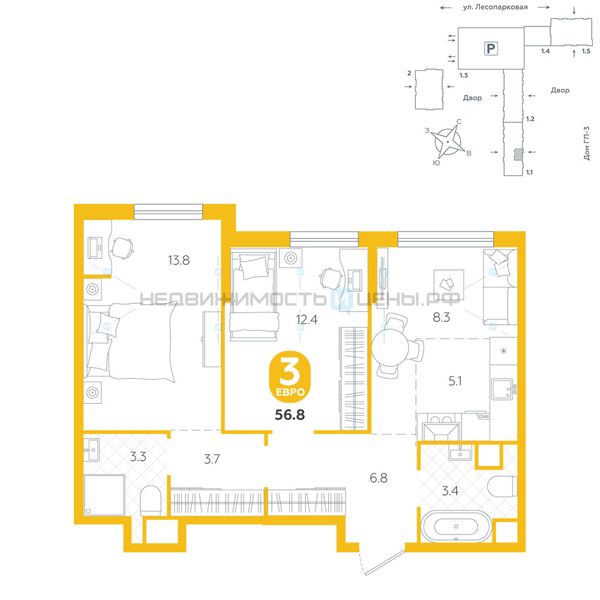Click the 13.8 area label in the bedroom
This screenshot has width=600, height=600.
179,260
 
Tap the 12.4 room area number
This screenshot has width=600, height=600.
307,319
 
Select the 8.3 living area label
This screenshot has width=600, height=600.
441,317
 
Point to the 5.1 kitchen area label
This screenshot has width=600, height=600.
455,381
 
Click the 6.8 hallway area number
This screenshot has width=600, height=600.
379,478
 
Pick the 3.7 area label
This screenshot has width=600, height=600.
212,459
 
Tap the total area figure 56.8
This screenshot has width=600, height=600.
290,415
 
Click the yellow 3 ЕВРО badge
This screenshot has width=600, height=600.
290,377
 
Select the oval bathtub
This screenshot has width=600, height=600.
456,527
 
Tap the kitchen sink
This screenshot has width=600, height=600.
502,389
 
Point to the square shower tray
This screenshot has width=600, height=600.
104,495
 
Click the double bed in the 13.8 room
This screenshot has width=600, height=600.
130,342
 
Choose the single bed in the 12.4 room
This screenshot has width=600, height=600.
253,295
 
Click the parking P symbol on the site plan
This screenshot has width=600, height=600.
491,49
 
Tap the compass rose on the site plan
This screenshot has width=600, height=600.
448,142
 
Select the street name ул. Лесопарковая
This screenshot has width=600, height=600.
495,7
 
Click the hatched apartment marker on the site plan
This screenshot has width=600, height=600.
518,155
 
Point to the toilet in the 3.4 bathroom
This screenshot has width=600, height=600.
502,487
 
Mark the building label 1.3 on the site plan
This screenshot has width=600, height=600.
464,76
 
